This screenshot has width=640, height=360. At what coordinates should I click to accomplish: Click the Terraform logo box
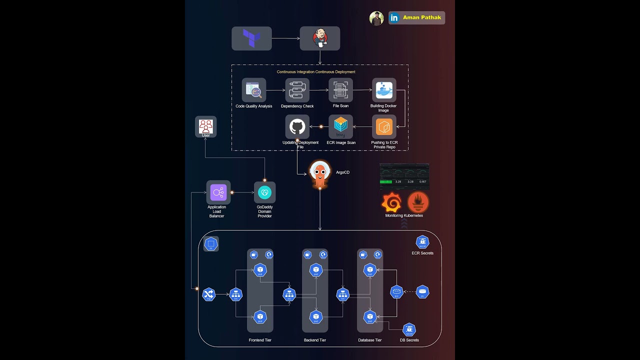tap(251, 38)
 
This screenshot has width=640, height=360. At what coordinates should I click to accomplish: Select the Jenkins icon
tap(320, 38)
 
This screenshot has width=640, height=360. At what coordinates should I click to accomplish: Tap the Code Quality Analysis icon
tap(254, 90)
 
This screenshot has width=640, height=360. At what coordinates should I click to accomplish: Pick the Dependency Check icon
tap(297, 90)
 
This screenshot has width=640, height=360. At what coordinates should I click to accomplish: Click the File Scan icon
tap(340, 90)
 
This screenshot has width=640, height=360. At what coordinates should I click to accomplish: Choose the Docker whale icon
tap(384, 90)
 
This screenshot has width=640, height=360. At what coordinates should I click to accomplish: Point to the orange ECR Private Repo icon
tap(384, 127)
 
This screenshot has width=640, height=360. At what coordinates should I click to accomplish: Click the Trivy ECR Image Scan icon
tap(340, 127)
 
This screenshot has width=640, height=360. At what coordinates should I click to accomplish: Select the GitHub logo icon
tap(297, 127)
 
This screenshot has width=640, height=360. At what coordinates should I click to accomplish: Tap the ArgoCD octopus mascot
tap(320, 174)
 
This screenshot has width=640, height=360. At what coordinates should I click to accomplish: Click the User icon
tap(205, 126)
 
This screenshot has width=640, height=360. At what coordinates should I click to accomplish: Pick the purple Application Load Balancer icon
tap(218, 192)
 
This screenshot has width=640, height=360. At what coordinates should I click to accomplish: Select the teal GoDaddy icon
tap(264, 192)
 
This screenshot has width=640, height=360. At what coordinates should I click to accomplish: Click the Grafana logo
tap(391, 202)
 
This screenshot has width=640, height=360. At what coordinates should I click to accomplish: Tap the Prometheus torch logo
tap(418, 202)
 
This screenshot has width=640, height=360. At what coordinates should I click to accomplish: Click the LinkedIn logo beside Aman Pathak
tap(394, 18)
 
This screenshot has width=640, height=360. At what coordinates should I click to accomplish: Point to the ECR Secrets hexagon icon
tap(422, 242)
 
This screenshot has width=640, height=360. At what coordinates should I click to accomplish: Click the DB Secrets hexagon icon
tap(409, 329)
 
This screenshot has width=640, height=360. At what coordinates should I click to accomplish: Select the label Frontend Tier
tap(260, 340)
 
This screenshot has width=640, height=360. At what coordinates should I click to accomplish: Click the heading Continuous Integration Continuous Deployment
tap(316, 72)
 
